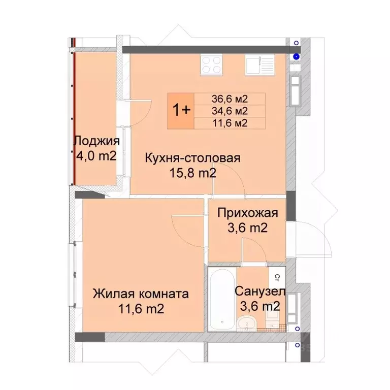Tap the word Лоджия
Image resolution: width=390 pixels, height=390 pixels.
click(x=96, y=141)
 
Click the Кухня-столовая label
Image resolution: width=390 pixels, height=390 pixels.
click(x=192, y=158)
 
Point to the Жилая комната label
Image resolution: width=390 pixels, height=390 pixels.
click(x=141, y=294)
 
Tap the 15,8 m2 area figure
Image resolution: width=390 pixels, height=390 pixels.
click(x=193, y=173)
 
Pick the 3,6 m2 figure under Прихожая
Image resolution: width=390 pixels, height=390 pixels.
click(x=247, y=228)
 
